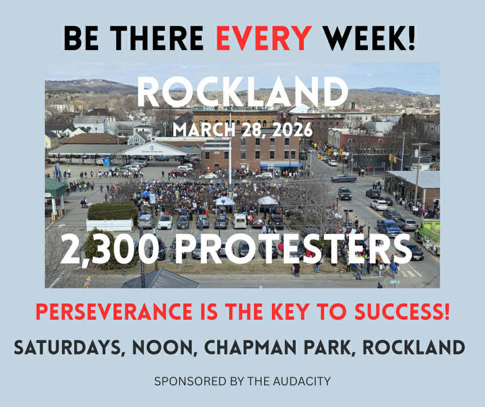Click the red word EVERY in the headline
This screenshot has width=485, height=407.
tap(264, 38)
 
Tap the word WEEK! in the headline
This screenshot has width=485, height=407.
tap(369, 38)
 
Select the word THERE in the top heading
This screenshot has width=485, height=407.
tap(157, 38)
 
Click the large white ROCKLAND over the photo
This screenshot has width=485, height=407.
tap(243, 92)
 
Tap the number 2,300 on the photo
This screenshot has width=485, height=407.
tap(109, 249)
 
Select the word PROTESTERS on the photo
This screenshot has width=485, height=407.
tap(293, 249)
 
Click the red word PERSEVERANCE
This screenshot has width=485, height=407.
tap(114, 311)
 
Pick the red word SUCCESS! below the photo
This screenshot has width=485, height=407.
tap(402, 311)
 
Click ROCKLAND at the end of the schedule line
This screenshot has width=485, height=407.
tap(414, 347)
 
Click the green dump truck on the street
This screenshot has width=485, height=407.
tap(428, 235)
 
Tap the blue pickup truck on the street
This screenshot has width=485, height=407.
tap(389, 228)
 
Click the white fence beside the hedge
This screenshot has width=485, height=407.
tap(110, 225)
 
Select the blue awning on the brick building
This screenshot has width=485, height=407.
tap(281, 166)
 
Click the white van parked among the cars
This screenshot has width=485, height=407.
tap(239, 220)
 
